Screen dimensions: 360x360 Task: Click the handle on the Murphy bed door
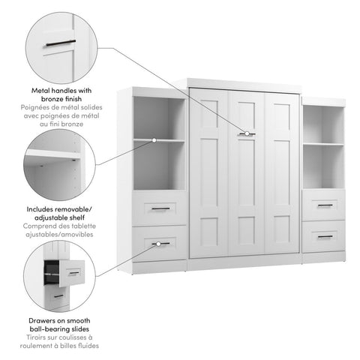point(246,133)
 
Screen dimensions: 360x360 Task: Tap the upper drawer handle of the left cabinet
point(160,208)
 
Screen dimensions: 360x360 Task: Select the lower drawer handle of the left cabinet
point(160,243)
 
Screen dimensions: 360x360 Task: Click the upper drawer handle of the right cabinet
point(324,205)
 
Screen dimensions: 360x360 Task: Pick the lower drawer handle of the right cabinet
point(324,236)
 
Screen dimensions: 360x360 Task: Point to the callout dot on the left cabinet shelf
point(154,139)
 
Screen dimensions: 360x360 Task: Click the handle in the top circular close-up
point(60,43)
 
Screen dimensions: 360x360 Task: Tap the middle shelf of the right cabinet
point(323,143)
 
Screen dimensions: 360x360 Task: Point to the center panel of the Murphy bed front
point(246,172)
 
